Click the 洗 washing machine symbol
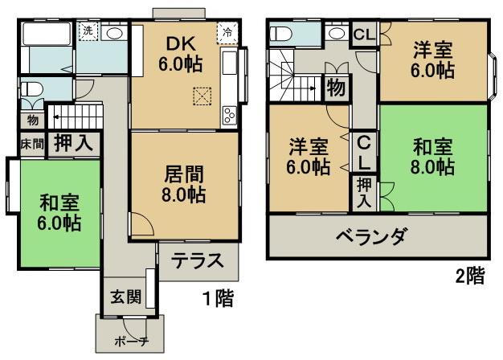pos(87,31)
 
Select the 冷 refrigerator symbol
pos(228,33)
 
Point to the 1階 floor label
pos(218,300)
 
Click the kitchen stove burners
pos(228,115)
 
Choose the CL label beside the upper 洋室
pos(364,35)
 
